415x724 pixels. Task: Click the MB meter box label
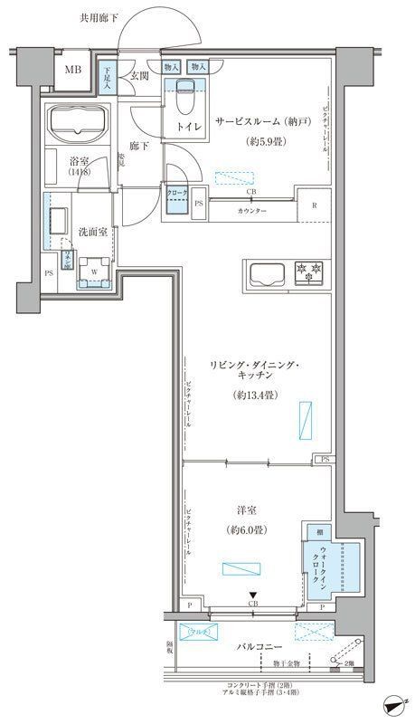click(x=70, y=71)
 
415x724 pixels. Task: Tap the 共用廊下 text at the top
click(x=99, y=17)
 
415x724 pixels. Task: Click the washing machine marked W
click(x=94, y=269)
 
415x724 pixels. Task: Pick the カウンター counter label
click(x=252, y=210)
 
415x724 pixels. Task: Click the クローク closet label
click(x=177, y=193)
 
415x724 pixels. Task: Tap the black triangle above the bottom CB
click(x=252, y=594)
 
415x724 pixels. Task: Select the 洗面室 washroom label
click(x=92, y=232)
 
